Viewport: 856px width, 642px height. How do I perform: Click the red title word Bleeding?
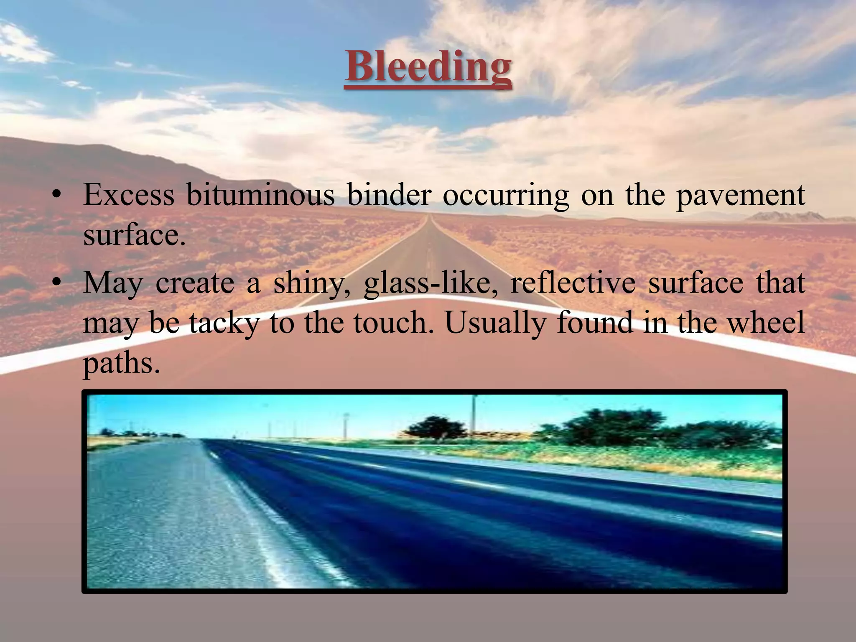(428, 67)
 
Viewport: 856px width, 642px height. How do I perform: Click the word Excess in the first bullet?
(129, 195)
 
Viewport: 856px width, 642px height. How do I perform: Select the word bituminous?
(260, 195)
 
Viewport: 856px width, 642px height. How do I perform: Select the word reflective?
(572, 283)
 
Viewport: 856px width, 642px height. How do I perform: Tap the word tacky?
(224, 324)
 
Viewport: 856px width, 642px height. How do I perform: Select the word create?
(195, 283)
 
